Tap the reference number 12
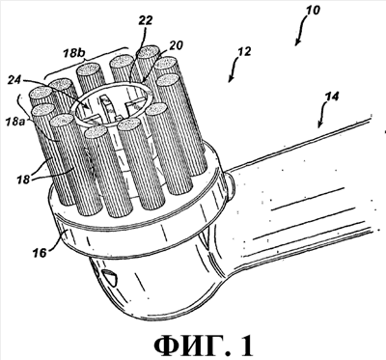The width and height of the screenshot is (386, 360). [x=244, y=52]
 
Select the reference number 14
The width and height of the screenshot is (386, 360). [x=332, y=97]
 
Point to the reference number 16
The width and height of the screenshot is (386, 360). [x=41, y=252]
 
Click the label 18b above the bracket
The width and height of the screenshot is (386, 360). [x=73, y=53]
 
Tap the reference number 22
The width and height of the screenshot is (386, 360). [x=145, y=21]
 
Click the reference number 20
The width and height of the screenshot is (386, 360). [x=176, y=45]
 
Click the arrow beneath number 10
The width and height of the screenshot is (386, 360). [x=303, y=32]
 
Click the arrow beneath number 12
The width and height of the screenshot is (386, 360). [x=234, y=70]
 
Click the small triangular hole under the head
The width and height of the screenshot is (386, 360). [x=109, y=277]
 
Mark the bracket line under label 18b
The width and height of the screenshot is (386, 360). [x=86, y=62]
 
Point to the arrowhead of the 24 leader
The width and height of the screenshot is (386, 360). [x=87, y=106]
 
